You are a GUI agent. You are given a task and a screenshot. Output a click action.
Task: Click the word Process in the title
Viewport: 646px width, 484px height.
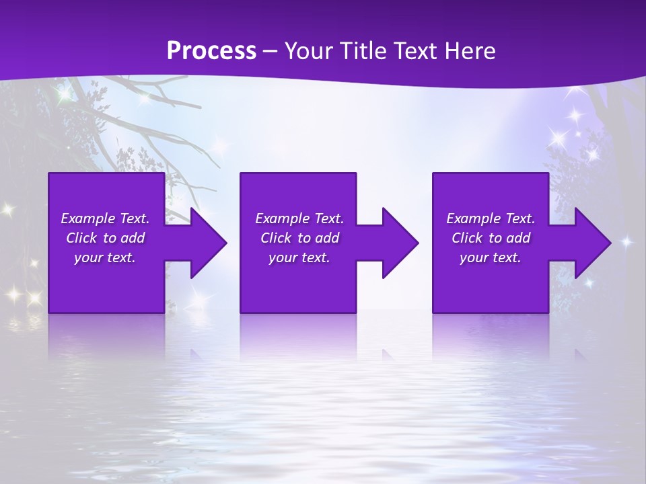click(x=211, y=51)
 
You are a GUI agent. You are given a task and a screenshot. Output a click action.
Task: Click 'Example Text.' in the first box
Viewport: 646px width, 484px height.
click(x=105, y=218)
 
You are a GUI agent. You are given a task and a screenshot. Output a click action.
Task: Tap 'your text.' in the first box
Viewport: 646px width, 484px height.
click(x=105, y=257)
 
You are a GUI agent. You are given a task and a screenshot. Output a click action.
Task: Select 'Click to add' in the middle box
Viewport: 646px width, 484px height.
click(x=299, y=238)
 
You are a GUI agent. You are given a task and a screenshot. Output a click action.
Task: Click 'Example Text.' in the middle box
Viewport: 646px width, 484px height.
click(x=299, y=218)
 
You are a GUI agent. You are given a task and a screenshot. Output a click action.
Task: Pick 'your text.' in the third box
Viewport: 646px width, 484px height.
click(x=491, y=257)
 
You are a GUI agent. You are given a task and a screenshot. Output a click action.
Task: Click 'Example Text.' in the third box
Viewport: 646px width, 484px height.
click(x=491, y=218)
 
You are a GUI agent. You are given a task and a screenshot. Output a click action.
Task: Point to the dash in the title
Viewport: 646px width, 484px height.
click(x=270, y=52)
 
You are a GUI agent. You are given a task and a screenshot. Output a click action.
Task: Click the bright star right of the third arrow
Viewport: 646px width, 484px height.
click(x=626, y=241)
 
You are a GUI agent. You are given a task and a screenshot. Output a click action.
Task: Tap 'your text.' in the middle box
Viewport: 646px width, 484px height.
click(x=299, y=257)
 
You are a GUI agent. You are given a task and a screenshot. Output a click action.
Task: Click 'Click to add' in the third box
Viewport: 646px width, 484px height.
click(x=491, y=238)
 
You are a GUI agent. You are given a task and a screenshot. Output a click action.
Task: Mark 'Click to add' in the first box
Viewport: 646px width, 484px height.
click(x=105, y=238)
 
